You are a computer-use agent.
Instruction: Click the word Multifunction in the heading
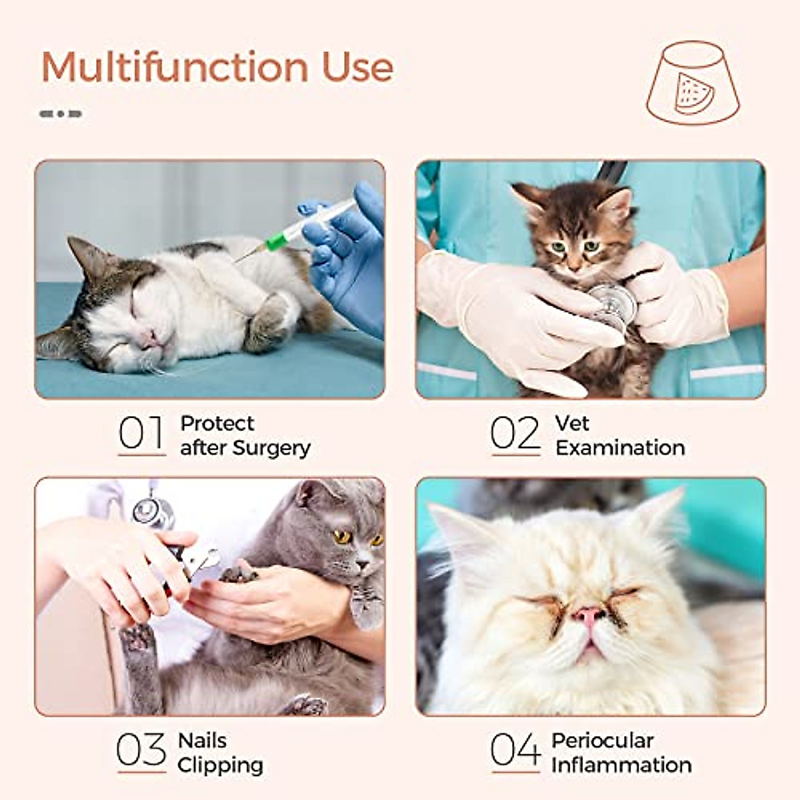coord(175,67)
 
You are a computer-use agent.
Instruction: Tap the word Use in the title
coord(358,67)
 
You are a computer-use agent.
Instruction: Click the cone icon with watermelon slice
coord(693,84)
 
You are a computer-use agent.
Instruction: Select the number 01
coord(141,433)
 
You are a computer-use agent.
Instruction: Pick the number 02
coord(515,433)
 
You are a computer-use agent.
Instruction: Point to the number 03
coord(141,750)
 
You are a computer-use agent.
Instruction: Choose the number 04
coord(515,750)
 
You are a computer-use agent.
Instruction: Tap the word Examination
coord(620,448)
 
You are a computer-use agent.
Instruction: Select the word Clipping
coord(220,765)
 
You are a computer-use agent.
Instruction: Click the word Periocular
coord(603,741)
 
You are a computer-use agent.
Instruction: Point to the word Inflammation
coord(621,765)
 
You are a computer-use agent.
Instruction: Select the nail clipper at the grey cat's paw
coord(193,560)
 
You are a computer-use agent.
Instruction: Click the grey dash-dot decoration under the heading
coord(61,114)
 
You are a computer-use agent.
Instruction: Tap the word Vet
coord(572,423)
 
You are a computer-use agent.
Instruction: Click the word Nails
coord(202,741)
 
